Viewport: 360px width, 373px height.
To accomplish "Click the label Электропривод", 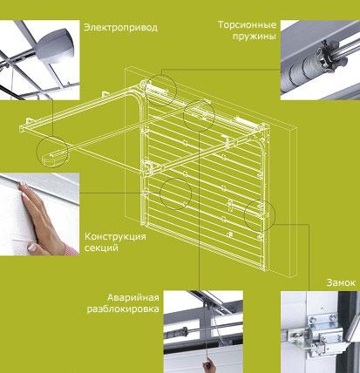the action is point(120,28).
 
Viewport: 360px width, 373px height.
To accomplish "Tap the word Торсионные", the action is point(248,24).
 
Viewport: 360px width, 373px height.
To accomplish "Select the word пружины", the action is point(254,37).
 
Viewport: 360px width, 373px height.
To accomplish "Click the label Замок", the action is point(341,282).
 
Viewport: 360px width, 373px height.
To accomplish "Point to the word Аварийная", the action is point(133,298).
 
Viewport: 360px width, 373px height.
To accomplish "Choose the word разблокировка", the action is point(123,309).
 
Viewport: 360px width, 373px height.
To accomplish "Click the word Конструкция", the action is point(115,236).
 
